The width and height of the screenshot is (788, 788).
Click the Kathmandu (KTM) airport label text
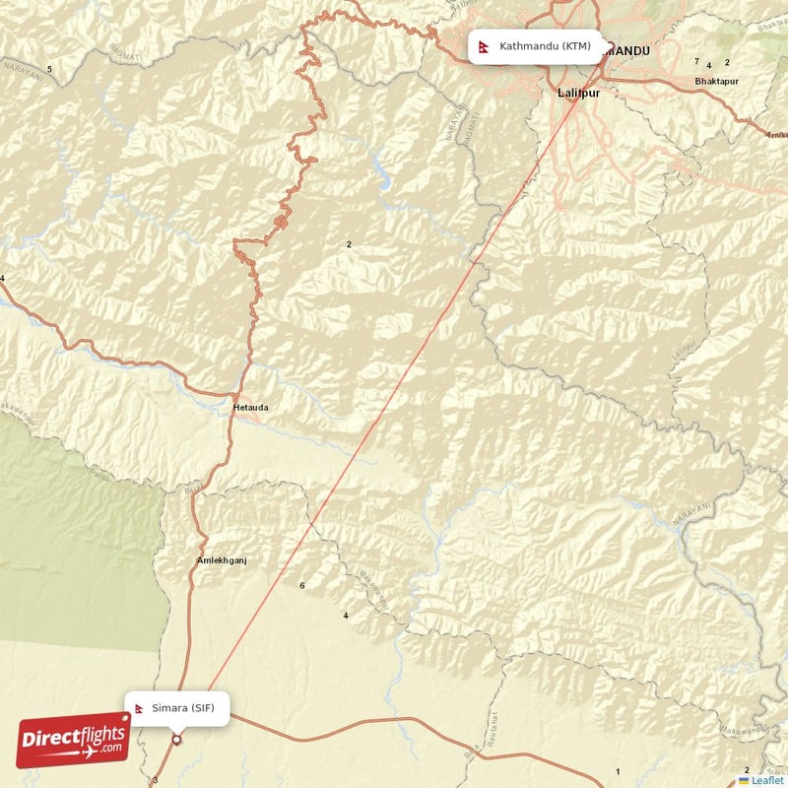[545, 46]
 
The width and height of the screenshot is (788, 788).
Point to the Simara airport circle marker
[177, 740]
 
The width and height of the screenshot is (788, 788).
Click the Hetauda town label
[250, 407]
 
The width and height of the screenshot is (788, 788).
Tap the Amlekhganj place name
[222, 559]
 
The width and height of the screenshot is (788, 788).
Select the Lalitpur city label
[578, 93]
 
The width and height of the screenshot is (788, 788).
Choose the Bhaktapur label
[715, 81]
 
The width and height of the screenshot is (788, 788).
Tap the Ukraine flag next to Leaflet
[744, 780]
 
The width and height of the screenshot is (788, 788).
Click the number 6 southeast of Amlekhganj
[302, 586]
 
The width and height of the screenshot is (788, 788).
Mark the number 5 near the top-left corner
[49, 68]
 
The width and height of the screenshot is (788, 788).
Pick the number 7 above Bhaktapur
[696, 61]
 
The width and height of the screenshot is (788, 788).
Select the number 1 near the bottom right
[618, 771]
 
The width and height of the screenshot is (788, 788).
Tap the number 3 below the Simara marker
[155, 780]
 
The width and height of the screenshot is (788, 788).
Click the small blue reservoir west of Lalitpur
[380, 180]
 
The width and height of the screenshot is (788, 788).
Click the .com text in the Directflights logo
[110, 750]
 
